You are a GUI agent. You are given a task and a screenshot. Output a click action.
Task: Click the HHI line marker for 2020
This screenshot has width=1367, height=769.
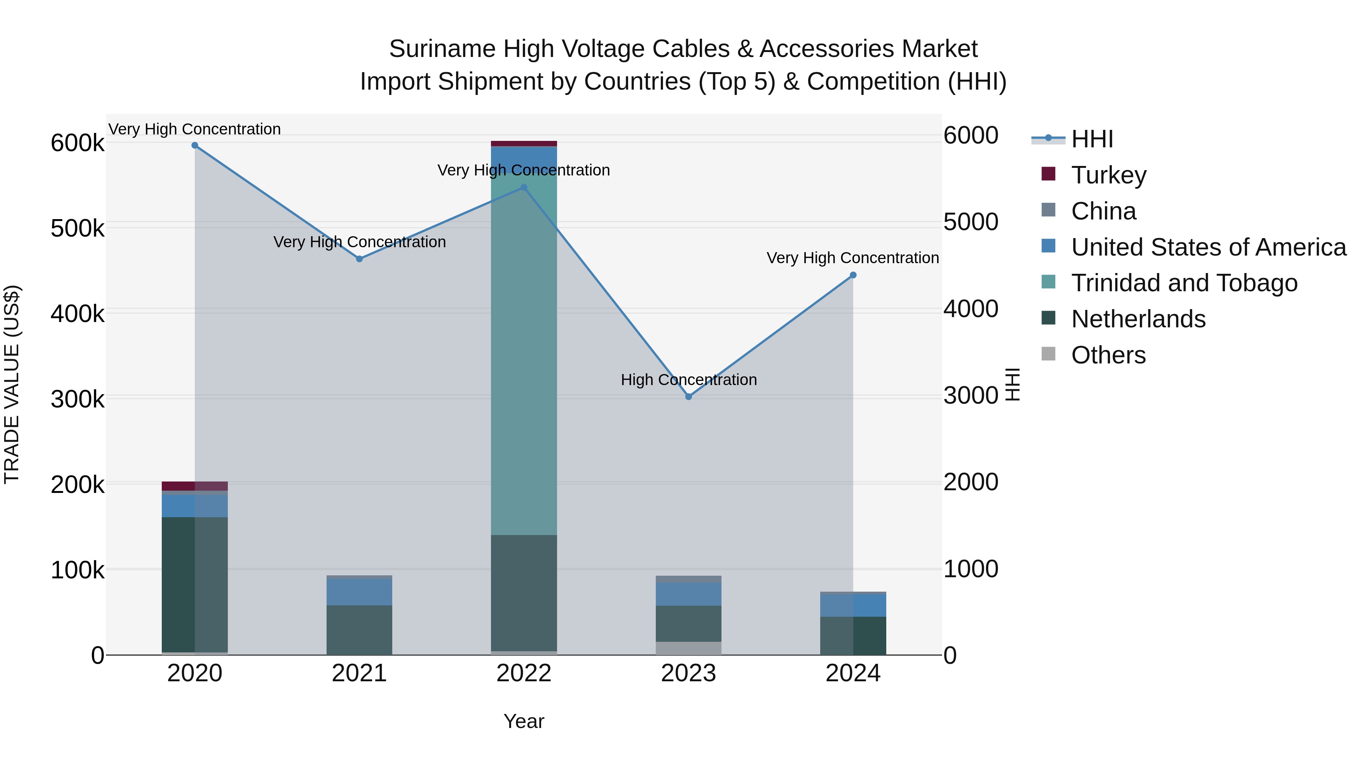tap(195, 145)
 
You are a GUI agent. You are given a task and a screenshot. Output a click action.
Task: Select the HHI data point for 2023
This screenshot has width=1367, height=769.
tap(688, 396)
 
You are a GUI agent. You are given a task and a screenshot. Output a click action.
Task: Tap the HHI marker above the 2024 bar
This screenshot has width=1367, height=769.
tap(853, 275)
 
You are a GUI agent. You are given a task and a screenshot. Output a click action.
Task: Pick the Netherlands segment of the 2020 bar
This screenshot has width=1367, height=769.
tap(195, 584)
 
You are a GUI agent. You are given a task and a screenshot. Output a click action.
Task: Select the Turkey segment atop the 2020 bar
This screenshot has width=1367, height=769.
tap(195, 486)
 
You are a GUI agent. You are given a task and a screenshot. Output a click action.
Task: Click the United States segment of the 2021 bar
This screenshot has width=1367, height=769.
tap(359, 592)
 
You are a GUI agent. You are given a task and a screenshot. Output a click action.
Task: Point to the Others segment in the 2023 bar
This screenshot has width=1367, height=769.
tap(688, 648)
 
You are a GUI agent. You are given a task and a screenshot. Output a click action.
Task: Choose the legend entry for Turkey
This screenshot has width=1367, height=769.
tap(1108, 175)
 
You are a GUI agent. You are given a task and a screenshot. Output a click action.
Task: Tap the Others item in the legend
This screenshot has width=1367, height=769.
tap(1108, 355)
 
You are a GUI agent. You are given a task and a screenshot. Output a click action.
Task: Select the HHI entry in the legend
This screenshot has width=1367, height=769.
tap(1092, 139)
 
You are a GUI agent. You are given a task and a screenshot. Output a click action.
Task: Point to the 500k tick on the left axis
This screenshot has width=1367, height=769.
tap(77, 229)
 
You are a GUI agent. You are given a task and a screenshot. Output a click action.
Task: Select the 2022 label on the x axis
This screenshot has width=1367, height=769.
tap(524, 673)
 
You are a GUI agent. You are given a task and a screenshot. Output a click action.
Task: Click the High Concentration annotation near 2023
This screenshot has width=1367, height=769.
tap(688, 380)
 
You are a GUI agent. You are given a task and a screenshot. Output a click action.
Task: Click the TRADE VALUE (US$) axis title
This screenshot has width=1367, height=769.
tap(12, 384)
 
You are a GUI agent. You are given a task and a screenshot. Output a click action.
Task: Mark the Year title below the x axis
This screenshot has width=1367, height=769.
tap(524, 721)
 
